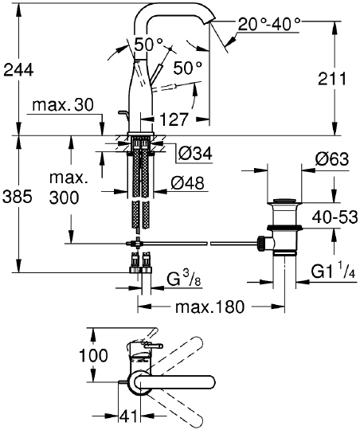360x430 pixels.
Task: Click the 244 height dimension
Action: (18, 70)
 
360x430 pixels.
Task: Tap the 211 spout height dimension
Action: (332, 79)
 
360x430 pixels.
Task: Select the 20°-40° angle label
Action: (269, 24)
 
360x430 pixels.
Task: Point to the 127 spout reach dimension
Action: (174, 119)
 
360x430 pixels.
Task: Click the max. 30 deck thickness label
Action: (63, 105)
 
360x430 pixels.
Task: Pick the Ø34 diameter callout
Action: (195, 154)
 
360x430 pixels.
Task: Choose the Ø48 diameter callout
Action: (188, 183)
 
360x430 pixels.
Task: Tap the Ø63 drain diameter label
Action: (332, 158)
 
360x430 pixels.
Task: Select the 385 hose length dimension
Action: (18, 197)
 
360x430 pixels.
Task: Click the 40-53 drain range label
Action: (335, 217)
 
